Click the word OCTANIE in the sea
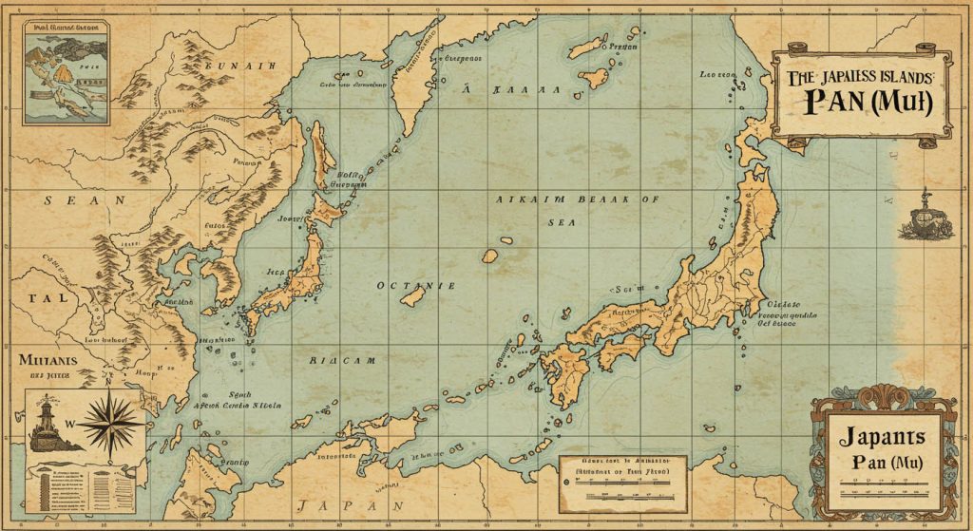tap(416, 285)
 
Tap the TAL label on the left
tap(47, 296)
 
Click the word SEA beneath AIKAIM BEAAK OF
tap(562, 220)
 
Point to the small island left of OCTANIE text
tap(411, 298)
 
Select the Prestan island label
tap(622, 45)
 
